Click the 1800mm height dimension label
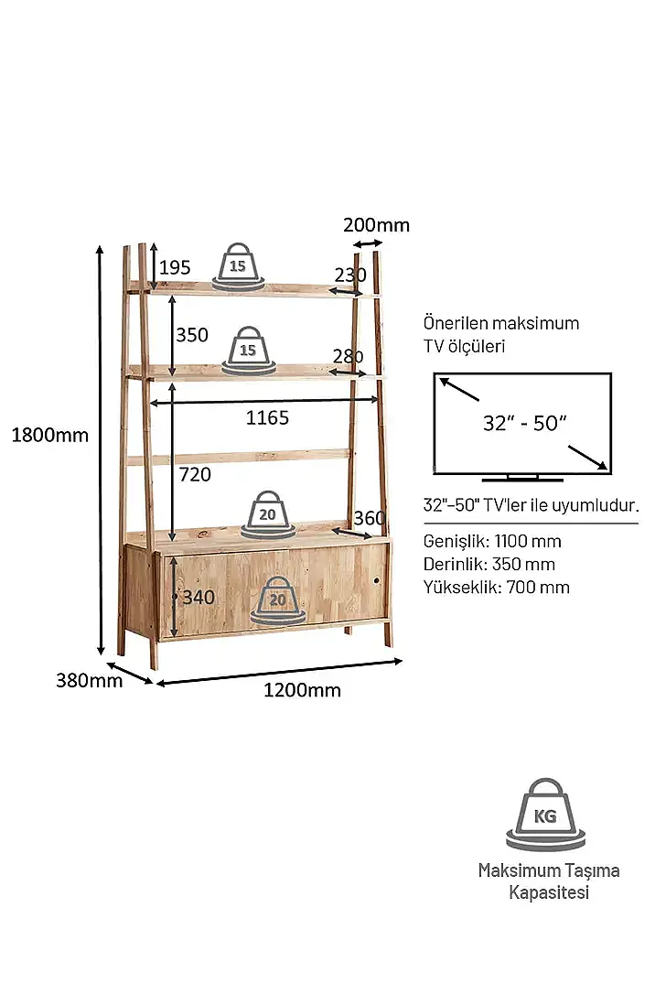(50, 435)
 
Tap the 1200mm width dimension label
(302, 690)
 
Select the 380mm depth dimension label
(89, 680)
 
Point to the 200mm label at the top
(376, 224)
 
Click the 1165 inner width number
(267, 417)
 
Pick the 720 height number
(195, 475)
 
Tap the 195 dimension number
(174, 267)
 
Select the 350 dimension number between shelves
(192, 335)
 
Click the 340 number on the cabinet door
(199, 597)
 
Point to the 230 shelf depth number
(350, 275)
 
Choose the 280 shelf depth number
(348, 356)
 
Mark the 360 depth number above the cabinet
(370, 518)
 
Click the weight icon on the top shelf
(238, 266)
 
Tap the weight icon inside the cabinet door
(278, 600)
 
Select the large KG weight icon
(545, 814)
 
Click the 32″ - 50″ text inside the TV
(524, 423)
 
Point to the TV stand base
(522, 479)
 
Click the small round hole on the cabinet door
(377, 581)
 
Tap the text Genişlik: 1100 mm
(492, 541)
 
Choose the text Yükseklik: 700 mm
(497, 588)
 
